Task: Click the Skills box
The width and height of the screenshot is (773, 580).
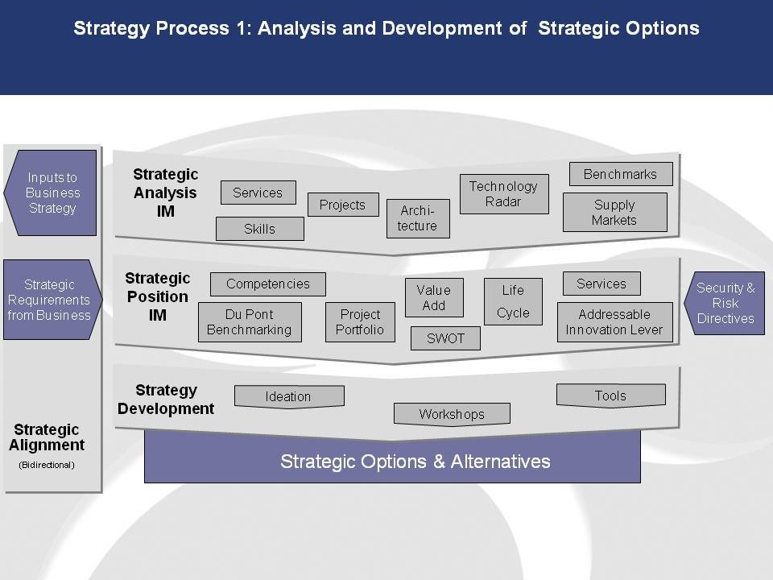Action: [x=260, y=229]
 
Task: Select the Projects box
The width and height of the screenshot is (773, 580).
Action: [x=343, y=205]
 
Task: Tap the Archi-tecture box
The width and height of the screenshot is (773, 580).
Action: [x=418, y=218]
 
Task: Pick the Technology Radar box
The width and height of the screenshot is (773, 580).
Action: [x=504, y=194]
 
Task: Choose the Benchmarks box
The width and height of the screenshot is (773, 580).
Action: [x=621, y=174]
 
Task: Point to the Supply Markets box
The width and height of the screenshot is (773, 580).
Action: [x=614, y=212]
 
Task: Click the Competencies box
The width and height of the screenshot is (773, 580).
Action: [x=267, y=284]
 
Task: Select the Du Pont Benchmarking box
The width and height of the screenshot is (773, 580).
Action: [x=250, y=322]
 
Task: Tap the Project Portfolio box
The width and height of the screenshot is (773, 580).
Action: [x=360, y=322]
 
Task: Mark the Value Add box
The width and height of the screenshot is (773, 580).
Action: [x=434, y=297]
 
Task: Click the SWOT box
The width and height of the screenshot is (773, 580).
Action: [x=445, y=338]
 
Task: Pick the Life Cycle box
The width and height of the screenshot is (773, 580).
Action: [x=513, y=301]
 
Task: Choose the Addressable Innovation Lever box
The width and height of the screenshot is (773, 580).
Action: [x=614, y=322]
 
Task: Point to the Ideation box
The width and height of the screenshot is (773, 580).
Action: [x=289, y=396]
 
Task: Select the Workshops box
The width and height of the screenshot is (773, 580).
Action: [x=452, y=414]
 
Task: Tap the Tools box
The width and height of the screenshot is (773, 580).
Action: [x=611, y=396]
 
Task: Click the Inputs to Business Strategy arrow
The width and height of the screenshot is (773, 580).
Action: [x=50, y=193]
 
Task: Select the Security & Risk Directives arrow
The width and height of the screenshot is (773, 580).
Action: [x=724, y=304]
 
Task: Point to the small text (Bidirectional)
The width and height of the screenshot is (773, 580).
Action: [x=47, y=465]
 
